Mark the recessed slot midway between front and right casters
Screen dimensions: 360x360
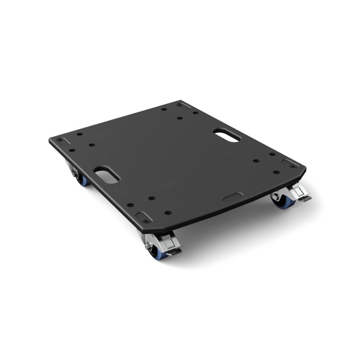[x=232, y=197]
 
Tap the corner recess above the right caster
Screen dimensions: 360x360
[x=288, y=161]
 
